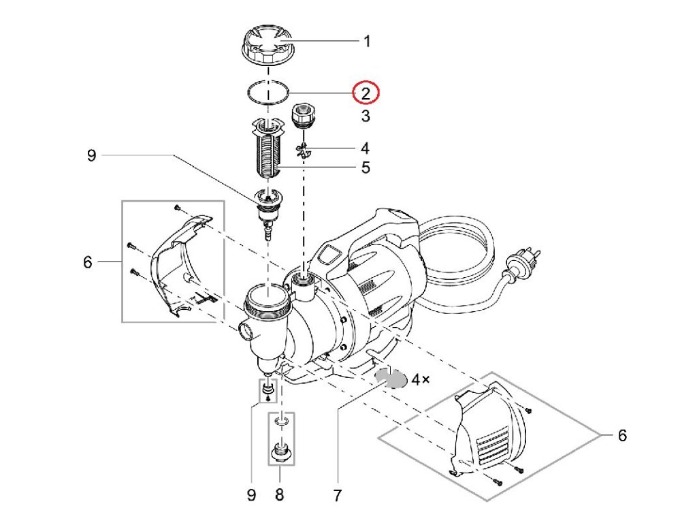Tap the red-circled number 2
coord(366,93)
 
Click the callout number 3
coord(366,116)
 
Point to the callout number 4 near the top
coord(366,148)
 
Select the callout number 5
coord(366,168)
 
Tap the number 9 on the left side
coord(92,155)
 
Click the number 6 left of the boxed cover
coord(88,262)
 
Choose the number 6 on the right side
coord(622,435)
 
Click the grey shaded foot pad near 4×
coord(391,379)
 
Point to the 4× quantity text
coord(421,379)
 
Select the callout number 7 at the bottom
coord(338,495)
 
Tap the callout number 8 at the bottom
coord(279,494)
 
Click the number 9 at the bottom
coord(252,494)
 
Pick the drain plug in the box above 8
coord(281,450)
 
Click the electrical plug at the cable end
coord(525,266)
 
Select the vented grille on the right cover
coord(493,444)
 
